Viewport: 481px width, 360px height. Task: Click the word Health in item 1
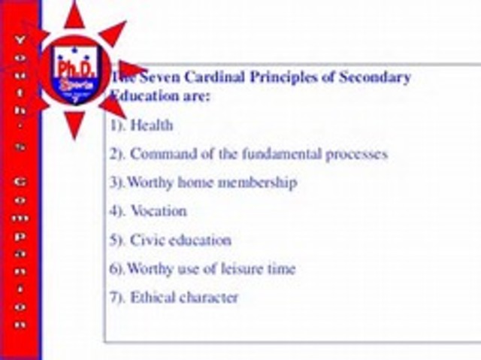[151, 126]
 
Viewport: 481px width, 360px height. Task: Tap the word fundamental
[283, 154]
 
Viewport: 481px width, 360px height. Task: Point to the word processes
[357, 154]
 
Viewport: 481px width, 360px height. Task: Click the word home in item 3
[194, 183]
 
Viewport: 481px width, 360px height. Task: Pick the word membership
[256, 183]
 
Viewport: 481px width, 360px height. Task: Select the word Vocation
[158, 211]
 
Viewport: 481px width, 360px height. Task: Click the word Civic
[147, 241]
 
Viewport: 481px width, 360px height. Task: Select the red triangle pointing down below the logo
[74, 123]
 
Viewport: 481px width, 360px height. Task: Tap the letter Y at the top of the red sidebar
[20, 38]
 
